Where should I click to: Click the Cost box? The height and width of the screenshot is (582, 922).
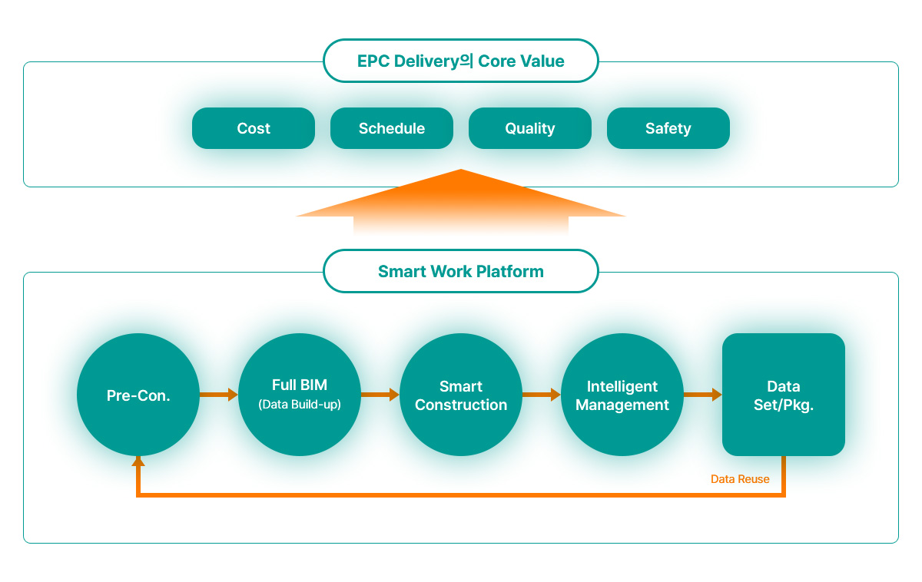coord(254,128)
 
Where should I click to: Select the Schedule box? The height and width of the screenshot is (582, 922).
coord(392,128)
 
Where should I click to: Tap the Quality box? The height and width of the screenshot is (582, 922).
coord(530,128)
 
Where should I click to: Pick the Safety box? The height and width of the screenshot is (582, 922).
coord(668,128)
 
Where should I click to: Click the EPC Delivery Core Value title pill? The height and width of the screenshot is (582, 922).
coord(461,61)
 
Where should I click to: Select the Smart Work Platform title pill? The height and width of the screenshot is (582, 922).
coord(461,271)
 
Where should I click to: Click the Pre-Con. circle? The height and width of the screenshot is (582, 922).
coord(138,395)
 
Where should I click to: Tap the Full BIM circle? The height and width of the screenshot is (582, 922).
coord(300,395)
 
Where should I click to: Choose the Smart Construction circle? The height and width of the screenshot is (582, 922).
coord(461,395)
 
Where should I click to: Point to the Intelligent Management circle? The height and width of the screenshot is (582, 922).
coord(622,395)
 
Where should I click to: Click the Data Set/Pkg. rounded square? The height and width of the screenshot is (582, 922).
coord(784,395)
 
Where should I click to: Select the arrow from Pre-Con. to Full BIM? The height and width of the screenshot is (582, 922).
coord(219,395)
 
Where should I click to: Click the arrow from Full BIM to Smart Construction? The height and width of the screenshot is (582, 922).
coord(380,395)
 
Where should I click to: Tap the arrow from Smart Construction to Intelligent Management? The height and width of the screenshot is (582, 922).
coord(542,395)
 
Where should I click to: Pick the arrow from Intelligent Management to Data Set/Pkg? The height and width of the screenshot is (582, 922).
coord(703,395)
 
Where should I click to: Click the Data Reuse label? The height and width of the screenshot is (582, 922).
coord(740,479)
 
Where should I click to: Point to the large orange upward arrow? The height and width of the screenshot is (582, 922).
coord(461,201)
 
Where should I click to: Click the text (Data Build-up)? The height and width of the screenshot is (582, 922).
coord(300,405)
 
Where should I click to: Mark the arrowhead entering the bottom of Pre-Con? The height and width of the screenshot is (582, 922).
coord(138,461)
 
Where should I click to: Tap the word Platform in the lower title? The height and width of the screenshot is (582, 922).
coord(510,272)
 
